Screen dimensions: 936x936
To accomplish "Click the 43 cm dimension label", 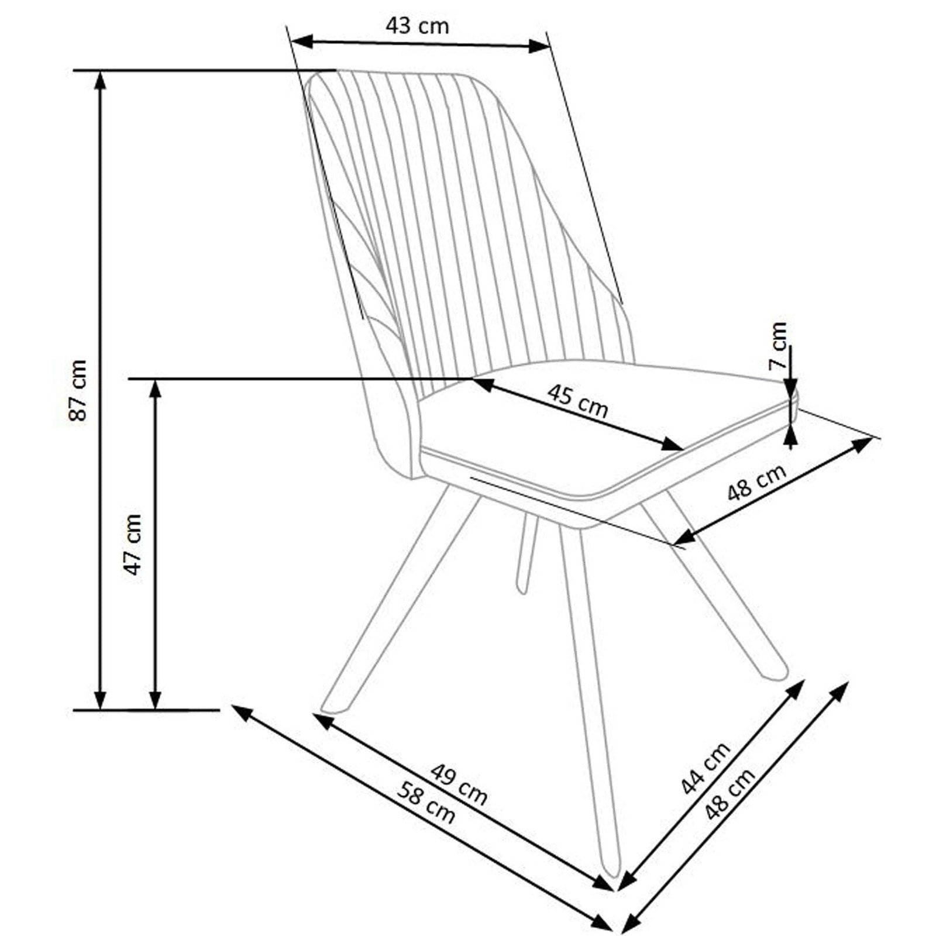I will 417,26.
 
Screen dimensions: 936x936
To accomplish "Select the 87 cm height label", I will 78,390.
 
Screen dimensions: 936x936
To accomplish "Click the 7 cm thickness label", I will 778,345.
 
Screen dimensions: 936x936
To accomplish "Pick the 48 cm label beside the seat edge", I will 756,483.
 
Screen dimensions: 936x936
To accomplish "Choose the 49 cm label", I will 459,784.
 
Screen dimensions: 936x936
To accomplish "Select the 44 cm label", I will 706,767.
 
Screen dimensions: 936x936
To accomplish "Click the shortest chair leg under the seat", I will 527,550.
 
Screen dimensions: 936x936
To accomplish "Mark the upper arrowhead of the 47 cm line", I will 155,388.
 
